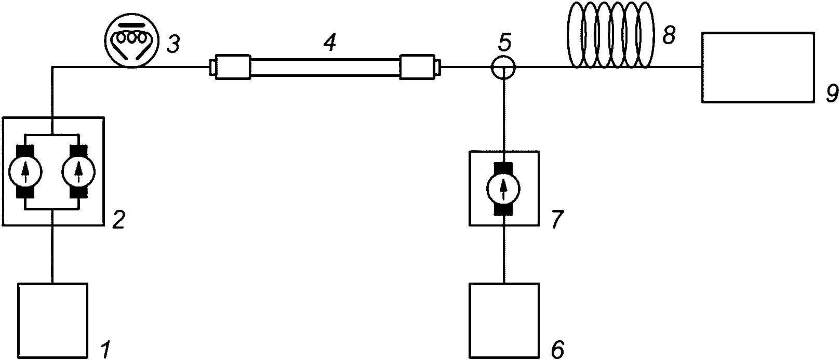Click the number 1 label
click(x=105, y=349)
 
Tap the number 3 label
click(x=173, y=44)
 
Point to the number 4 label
click(x=330, y=43)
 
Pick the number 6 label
click(x=557, y=349)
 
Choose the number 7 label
click(x=557, y=220)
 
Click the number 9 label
click(x=832, y=94)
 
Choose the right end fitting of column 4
click(x=420, y=67)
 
